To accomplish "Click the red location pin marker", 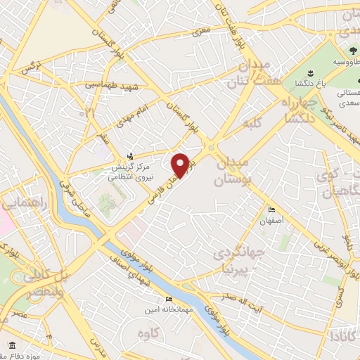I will pos(181,165).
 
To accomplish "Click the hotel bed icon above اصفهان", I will pos(272,209).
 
